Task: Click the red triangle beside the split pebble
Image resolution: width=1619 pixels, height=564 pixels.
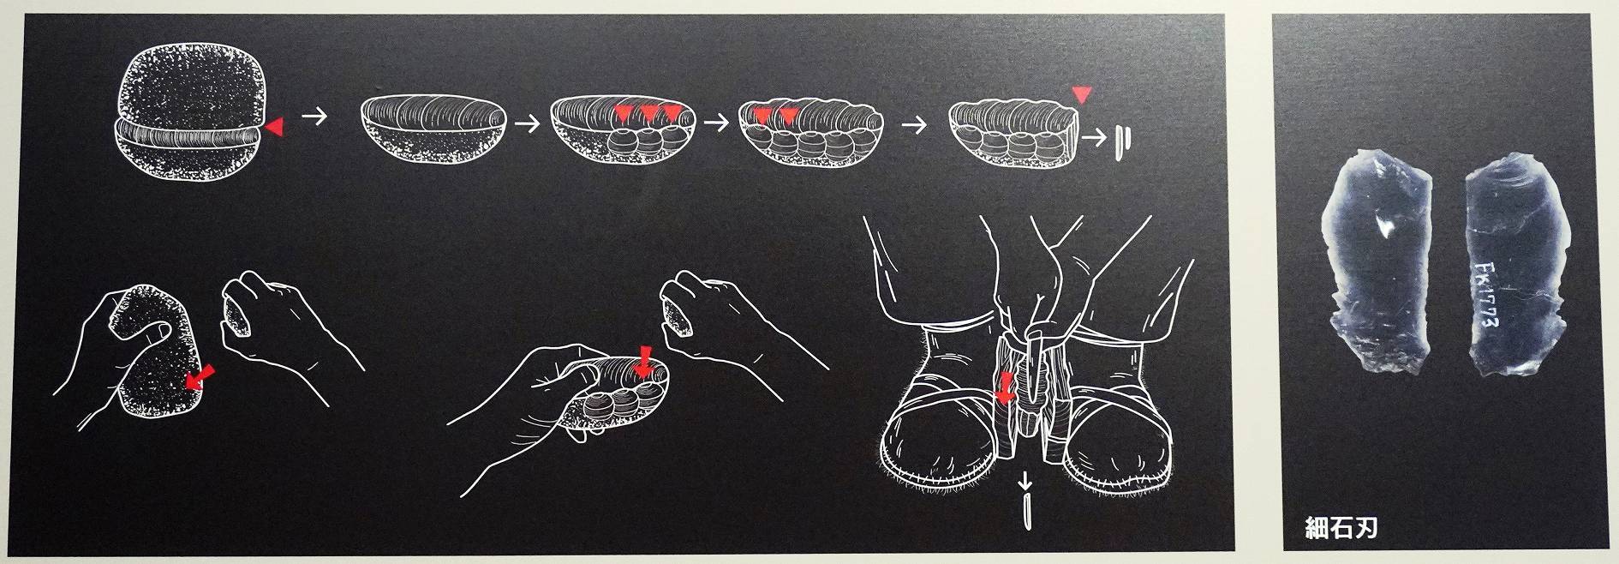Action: [x=273, y=128]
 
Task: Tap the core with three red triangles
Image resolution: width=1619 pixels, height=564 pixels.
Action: [x=623, y=129]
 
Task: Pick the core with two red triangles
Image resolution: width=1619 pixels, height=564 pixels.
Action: [x=812, y=129]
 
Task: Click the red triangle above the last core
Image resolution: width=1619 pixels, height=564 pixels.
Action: [x=1082, y=94]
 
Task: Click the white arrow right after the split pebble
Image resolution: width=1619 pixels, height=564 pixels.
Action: [x=315, y=117]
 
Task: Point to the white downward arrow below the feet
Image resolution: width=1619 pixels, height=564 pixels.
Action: [x=1026, y=487]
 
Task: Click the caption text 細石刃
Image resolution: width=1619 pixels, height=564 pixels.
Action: [x=1341, y=527]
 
